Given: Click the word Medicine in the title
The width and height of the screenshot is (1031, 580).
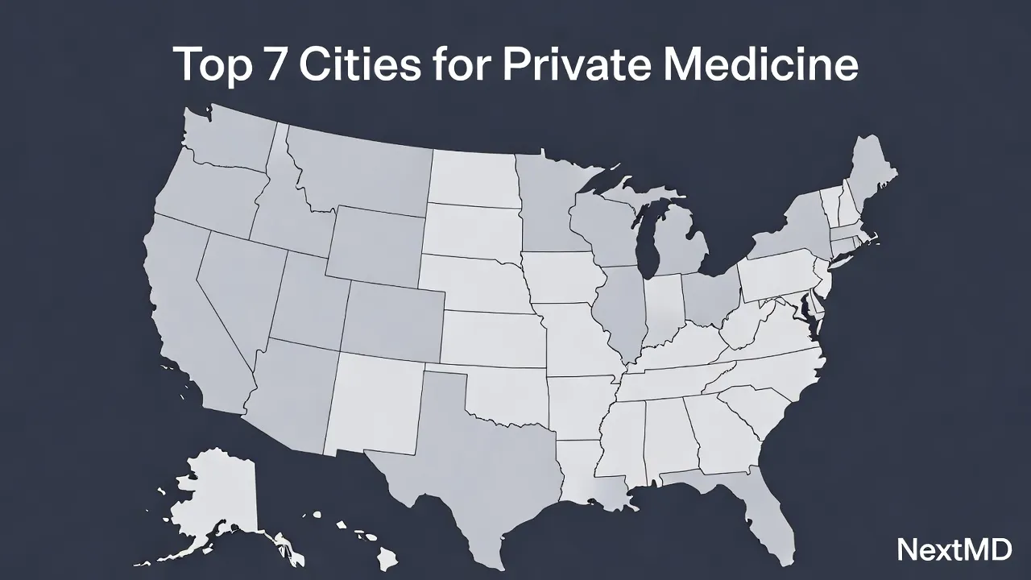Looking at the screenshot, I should tap(760, 64).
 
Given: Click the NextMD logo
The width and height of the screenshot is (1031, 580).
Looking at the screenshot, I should tap(954, 550).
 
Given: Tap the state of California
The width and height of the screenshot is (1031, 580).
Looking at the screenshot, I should tap(193, 322).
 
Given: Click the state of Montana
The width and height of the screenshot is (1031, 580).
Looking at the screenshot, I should tap(362, 173).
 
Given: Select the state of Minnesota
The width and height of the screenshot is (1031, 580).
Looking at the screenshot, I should tap(548, 201).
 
